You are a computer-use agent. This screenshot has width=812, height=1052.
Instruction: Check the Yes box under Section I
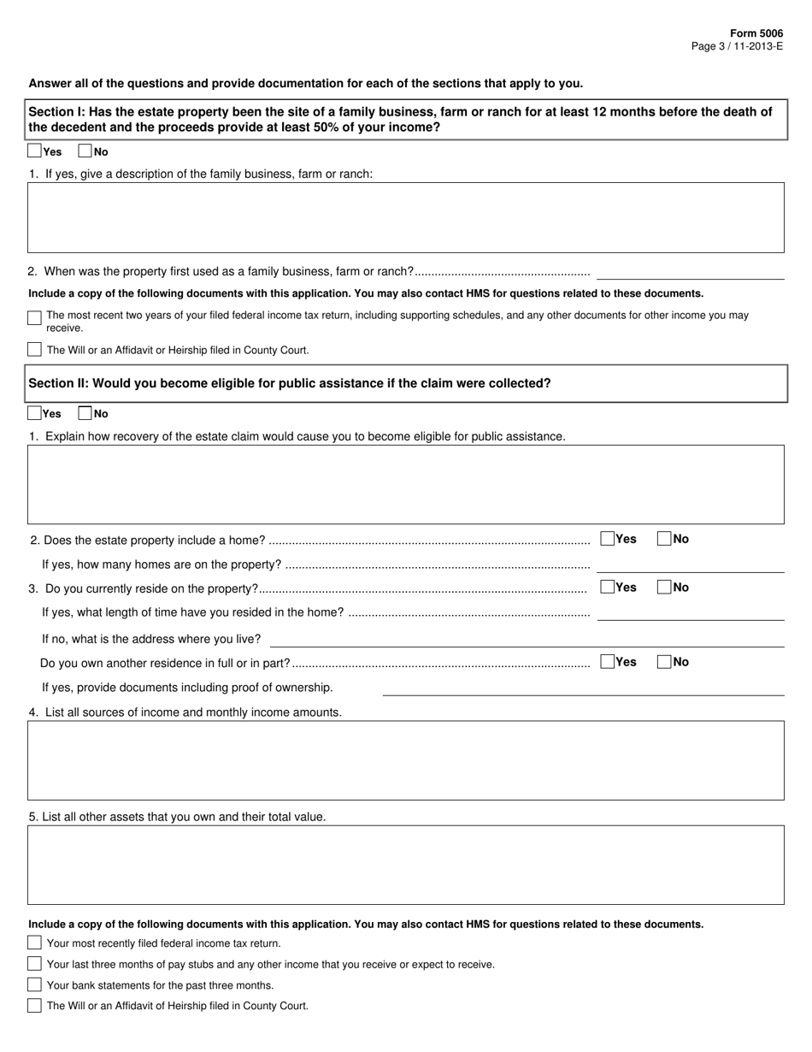[x=34, y=151]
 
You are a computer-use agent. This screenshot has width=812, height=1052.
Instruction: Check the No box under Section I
[x=85, y=151]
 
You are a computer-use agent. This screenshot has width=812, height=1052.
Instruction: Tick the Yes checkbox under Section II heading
[x=34, y=413]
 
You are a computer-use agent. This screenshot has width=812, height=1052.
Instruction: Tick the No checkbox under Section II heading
[x=85, y=413]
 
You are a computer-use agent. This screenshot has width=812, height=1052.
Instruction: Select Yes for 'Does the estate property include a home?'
[x=608, y=539]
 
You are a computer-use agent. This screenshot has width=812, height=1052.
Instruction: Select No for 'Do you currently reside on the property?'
[x=664, y=588]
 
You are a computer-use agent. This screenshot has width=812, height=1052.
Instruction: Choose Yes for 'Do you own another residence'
[x=608, y=662]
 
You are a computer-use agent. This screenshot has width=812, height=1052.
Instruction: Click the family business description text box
[x=406, y=217]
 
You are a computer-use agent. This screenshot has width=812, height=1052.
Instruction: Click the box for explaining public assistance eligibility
[x=406, y=484]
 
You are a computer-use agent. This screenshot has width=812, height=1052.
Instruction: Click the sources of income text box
[x=406, y=760]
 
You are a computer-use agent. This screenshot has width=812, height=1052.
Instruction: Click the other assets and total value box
[x=406, y=865]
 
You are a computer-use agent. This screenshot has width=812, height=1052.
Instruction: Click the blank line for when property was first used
[x=691, y=273]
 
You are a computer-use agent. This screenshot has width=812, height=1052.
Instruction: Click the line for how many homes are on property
[x=691, y=565]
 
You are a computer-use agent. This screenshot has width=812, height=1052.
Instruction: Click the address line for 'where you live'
[x=527, y=640]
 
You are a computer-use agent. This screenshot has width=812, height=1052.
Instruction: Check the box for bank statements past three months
[x=34, y=984]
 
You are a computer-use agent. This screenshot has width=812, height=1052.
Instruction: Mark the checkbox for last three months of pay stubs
[x=34, y=964]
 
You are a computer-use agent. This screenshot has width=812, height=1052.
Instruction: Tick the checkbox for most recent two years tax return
[x=34, y=317]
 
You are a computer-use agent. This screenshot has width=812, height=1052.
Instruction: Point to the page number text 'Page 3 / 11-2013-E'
[x=737, y=46]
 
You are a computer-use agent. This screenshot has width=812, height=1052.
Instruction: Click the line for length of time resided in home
[x=691, y=613]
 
